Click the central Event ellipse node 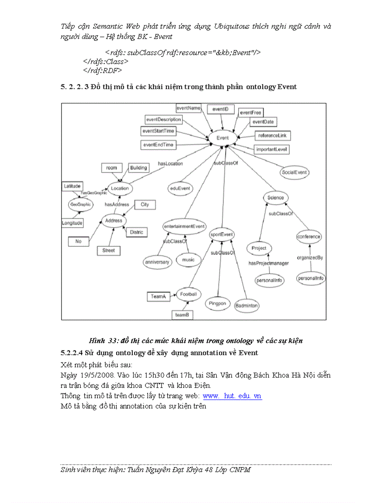coord(222,138)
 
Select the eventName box coord(188,108)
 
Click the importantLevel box coord(272,150)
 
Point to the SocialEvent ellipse coord(295,172)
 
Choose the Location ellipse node coord(120,189)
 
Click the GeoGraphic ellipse coord(80,204)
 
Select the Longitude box coord(72,223)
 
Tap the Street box coord(109,250)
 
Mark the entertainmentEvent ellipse coord(184,226)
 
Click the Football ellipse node coord(188,294)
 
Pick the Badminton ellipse coord(247,305)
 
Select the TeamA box coord(158,297)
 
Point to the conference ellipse coord(309,236)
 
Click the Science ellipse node coord(275,198)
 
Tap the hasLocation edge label coord(170,163)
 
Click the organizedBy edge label coord(310,258)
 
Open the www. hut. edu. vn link coord(232,396)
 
